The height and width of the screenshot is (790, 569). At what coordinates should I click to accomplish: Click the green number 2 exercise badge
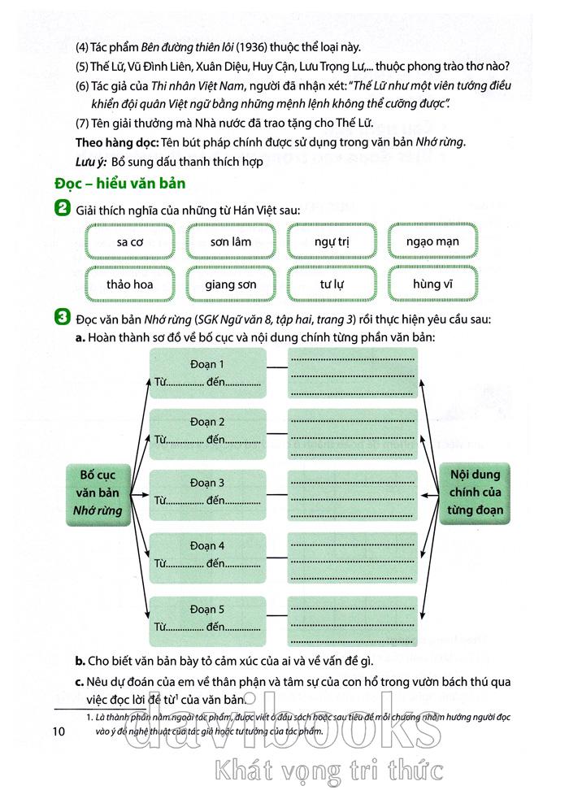[x=61, y=210]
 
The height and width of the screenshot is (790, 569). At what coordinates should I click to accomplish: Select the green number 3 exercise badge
[x=61, y=315]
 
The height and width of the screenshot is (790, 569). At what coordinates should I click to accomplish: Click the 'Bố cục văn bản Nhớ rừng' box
[x=95, y=492]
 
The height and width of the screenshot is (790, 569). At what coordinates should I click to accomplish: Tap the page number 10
[x=58, y=732]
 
